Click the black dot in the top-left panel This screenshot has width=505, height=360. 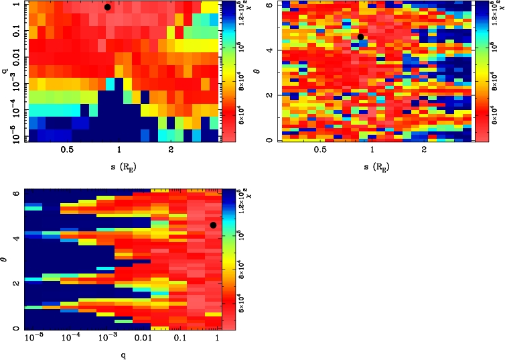click(107, 7)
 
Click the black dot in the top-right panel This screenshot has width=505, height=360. click(360, 37)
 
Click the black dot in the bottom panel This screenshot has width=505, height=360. click(213, 225)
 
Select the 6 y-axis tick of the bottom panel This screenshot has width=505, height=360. click(15, 193)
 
